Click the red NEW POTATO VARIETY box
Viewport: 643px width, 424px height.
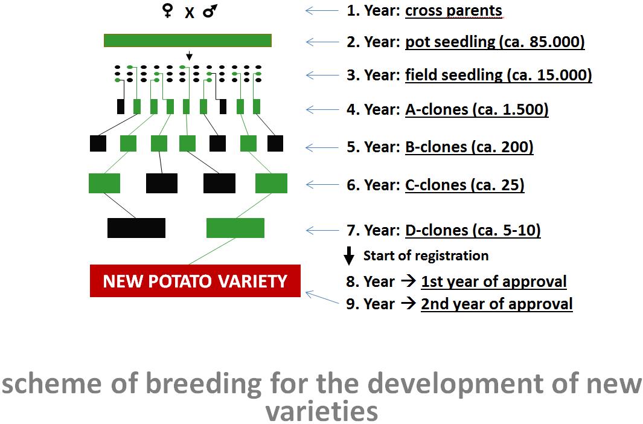195,281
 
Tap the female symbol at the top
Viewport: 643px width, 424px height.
167,11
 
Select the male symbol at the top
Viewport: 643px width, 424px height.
210,11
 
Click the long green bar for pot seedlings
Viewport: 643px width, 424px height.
188,40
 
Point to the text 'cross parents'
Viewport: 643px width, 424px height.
453,11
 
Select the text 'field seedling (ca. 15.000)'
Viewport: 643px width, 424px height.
498,75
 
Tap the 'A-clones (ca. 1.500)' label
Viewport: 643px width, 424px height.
477,109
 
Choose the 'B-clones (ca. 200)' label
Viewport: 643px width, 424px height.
469,147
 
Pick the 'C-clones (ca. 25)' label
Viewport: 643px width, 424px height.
465,185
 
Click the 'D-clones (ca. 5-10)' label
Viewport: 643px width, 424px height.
473,230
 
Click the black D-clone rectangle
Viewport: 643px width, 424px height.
136,228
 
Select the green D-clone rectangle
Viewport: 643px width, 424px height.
235,228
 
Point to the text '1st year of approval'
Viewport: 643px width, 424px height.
494,281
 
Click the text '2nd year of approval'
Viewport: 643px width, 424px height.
497,304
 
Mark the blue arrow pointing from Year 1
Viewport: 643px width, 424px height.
322,11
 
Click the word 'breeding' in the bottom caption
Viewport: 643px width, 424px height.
203,385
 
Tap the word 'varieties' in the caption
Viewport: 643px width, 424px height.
321,411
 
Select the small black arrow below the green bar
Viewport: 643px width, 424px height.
189,56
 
